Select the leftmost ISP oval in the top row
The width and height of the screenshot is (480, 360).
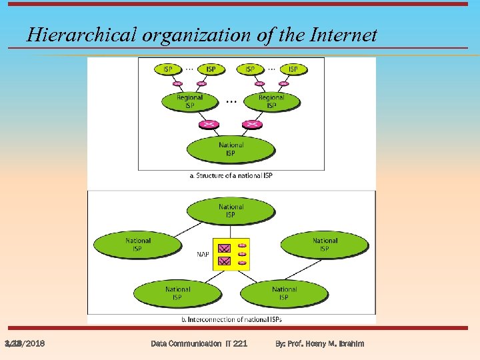[167, 69]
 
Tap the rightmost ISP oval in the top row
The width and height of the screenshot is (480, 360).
[293, 69]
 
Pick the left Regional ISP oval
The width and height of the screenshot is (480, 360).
[190, 101]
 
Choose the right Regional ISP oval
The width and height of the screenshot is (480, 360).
[271, 101]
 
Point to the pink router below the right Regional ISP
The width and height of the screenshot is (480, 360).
[251, 125]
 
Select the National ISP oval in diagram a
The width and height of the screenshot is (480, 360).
[231, 149]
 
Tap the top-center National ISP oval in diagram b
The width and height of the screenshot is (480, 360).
[231, 211]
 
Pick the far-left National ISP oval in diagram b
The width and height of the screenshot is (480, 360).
[137, 245]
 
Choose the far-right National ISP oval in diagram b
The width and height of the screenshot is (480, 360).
[325, 245]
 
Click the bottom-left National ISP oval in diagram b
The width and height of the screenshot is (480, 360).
[177, 293]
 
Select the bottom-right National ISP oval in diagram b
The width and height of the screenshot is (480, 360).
[284, 293]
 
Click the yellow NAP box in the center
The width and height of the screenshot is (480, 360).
[231, 254]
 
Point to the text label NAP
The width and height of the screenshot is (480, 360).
[203, 254]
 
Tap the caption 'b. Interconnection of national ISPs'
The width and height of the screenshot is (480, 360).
[231, 320]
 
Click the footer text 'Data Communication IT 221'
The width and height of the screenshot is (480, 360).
[199, 343]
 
